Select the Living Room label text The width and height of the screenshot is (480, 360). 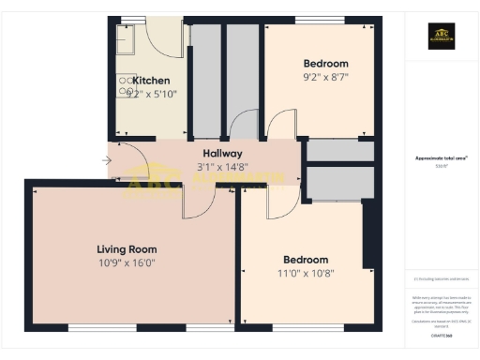[127, 249]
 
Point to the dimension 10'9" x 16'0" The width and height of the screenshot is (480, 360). [127, 263]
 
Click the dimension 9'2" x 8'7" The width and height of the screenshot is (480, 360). [325, 79]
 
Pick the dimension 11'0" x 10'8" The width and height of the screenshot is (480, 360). [306, 274]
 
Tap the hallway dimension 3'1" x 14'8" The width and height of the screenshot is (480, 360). [222, 167]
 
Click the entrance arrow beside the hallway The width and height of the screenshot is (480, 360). [106, 160]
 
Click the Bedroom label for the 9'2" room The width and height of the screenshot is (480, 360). [325, 64]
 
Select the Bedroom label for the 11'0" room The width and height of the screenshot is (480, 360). [306, 260]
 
